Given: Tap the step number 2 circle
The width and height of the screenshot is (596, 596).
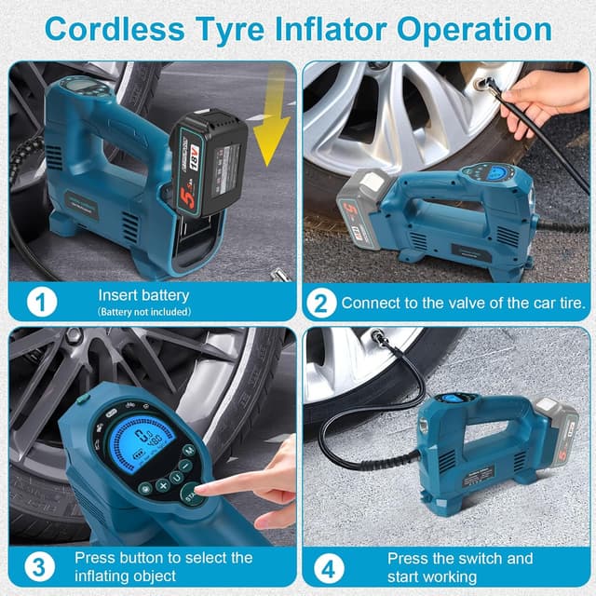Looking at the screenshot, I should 320,303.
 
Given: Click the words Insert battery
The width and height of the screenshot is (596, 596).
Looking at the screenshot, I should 143,295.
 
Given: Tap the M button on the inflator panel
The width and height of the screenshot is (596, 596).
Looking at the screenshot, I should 187,451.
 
